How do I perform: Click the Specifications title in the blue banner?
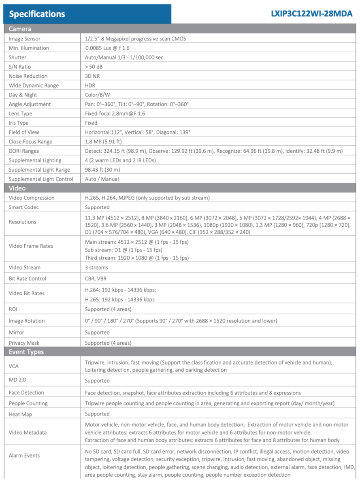[x=37, y=14]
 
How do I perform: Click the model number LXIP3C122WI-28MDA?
[x=311, y=14]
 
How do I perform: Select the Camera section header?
[x=20, y=29]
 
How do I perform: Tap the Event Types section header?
[x=26, y=352]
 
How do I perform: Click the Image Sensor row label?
[x=25, y=39]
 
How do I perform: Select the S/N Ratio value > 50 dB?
[x=94, y=67]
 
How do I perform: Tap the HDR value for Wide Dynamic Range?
[x=90, y=85]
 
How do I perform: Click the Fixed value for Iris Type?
[x=91, y=123]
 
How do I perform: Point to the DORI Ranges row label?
[x=24, y=151]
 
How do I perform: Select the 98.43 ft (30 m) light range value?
[x=102, y=170]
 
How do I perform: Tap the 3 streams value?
[x=96, y=268]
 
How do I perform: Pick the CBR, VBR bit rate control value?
[x=96, y=279]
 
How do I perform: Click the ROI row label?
[x=13, y=309]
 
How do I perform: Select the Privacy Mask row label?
[x=24, y=343]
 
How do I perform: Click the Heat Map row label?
[x=20, y=414]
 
